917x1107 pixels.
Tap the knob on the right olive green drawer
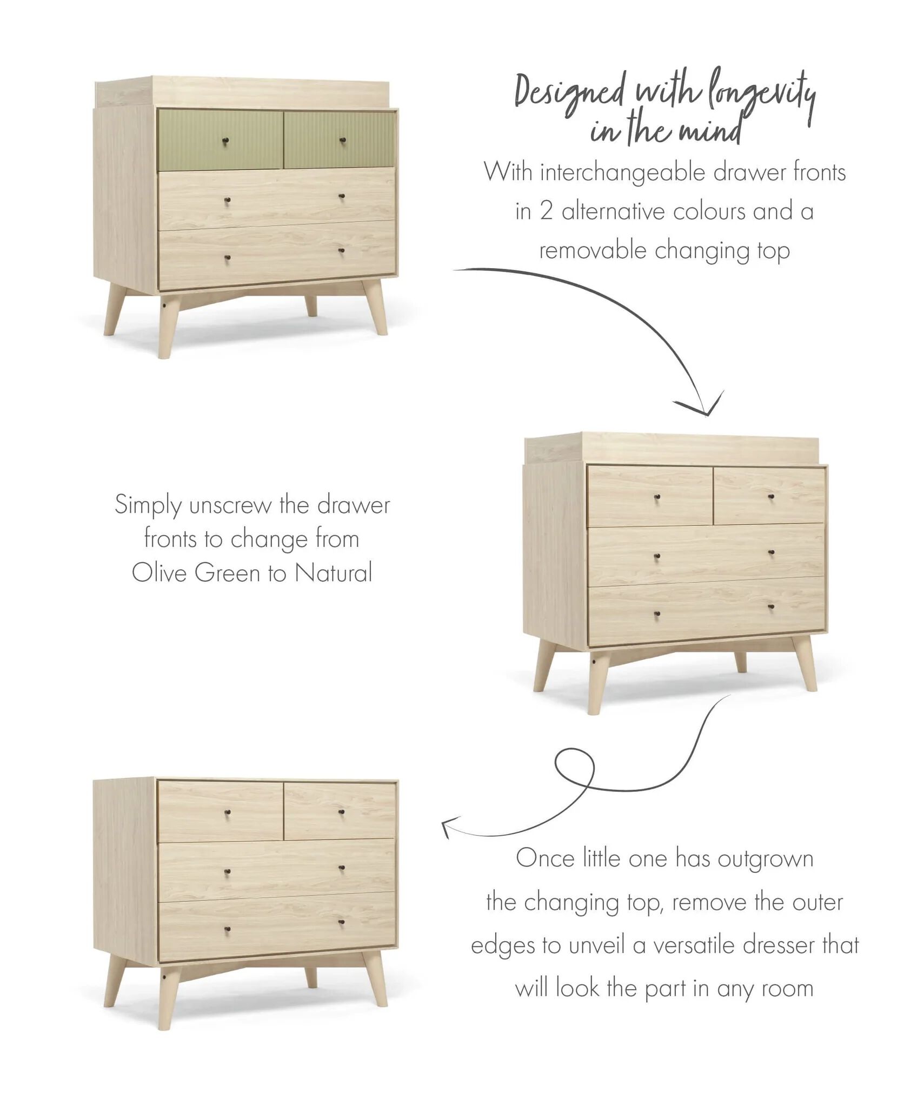coord(342,141)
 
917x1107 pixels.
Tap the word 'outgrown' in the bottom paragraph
coord(766,859)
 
